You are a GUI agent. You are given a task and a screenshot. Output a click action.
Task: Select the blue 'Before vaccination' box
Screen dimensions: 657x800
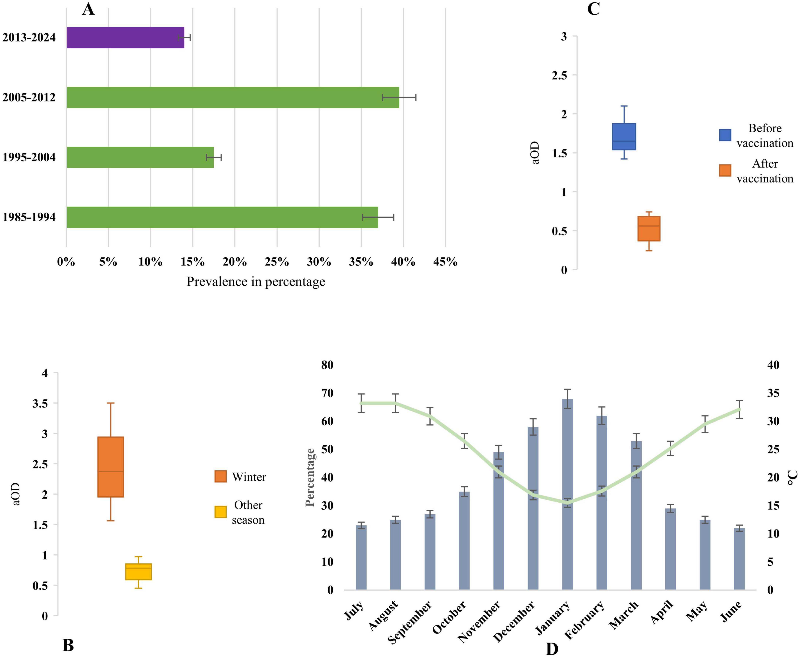[x=624, y=137]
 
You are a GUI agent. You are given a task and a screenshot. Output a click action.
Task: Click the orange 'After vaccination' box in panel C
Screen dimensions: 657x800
[x=649, y=229]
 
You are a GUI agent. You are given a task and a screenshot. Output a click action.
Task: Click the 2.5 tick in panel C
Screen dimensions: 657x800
[x=560, y=75]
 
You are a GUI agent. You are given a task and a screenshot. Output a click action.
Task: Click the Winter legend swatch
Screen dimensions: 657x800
[x=221, y=476]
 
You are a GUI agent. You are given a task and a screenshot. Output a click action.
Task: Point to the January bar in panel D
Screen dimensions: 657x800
[x=567, y=494]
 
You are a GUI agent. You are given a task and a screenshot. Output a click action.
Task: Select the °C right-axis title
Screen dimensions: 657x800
[x=792, y=478]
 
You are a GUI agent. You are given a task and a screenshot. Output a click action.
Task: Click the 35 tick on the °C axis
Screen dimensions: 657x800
[x=773, y=393]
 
